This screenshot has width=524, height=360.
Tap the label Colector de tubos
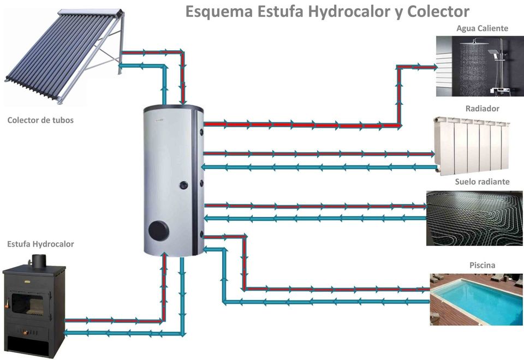40,120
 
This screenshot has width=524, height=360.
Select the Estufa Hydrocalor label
40,244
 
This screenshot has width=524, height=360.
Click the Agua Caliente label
482,29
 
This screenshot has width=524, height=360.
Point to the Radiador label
482,109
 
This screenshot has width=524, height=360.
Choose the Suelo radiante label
482,182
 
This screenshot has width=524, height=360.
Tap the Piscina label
482,265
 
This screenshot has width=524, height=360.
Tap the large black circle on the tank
159,231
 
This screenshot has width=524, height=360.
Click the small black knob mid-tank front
184,185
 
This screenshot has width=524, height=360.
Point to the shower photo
480,66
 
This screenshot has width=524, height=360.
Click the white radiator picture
472,146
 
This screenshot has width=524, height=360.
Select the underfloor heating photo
474,218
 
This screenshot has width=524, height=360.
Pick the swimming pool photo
476,299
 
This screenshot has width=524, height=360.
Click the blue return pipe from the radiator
319,167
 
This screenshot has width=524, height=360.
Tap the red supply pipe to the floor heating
315,206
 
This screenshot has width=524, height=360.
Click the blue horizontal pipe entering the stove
124,333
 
